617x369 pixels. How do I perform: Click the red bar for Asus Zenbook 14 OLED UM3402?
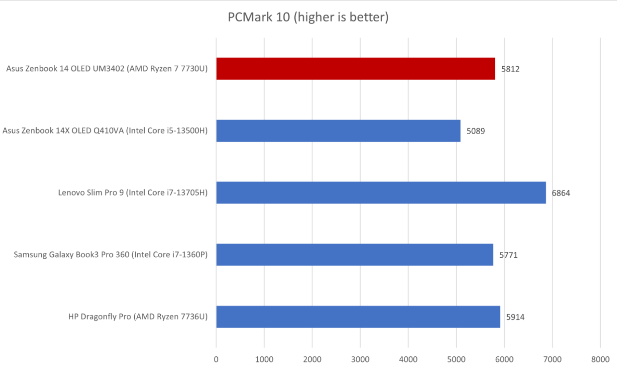pyautogui.click(x=356, y=69)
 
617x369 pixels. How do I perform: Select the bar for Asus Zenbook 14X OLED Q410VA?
pyautogui.click(x=338, y=131)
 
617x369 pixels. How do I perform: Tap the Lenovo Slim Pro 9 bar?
pyautogui.click(x=381, y=193)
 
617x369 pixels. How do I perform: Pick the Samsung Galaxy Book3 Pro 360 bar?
pyautogui.click(x=354, y=255)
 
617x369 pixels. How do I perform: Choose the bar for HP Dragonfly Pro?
pyautogui.click(x=358, y=317)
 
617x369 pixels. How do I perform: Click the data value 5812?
pyautogui.click(x=510, y=69)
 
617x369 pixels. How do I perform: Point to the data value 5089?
pyautogui.click(x=475, y=131)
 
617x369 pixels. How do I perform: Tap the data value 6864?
pyautogui.click(x=561, y=193)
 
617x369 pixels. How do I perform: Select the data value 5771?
pyautogui.click(x=508, y=255)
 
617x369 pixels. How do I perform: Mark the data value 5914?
pyautogui.click(x=515, y=317)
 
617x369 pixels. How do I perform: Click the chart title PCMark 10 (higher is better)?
pyautogui.click(x=308, y=17)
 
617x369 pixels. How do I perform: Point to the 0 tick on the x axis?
pyautogui.click(x=216, y=359)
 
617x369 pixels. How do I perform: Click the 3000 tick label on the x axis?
pyautogui.click(x=360, y=359)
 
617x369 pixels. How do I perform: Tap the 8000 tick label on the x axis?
pyautogui.click(x=600, y=359)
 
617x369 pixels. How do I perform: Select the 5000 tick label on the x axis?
pyautogui.click(x=456, y=359)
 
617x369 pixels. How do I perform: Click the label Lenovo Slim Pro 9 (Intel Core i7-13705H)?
pyautogui.click(x=133, y=193)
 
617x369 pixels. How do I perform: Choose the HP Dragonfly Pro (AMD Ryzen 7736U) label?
pyautogui.click(x=138, y=317)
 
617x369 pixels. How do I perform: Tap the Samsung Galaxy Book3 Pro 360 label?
pyautogui.click(x=110, y=255)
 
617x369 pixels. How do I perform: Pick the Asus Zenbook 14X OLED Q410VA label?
pyautogui.click(x=105, y=131)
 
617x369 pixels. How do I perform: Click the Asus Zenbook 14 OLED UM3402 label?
pyautogui.click(x=107, y=69)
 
